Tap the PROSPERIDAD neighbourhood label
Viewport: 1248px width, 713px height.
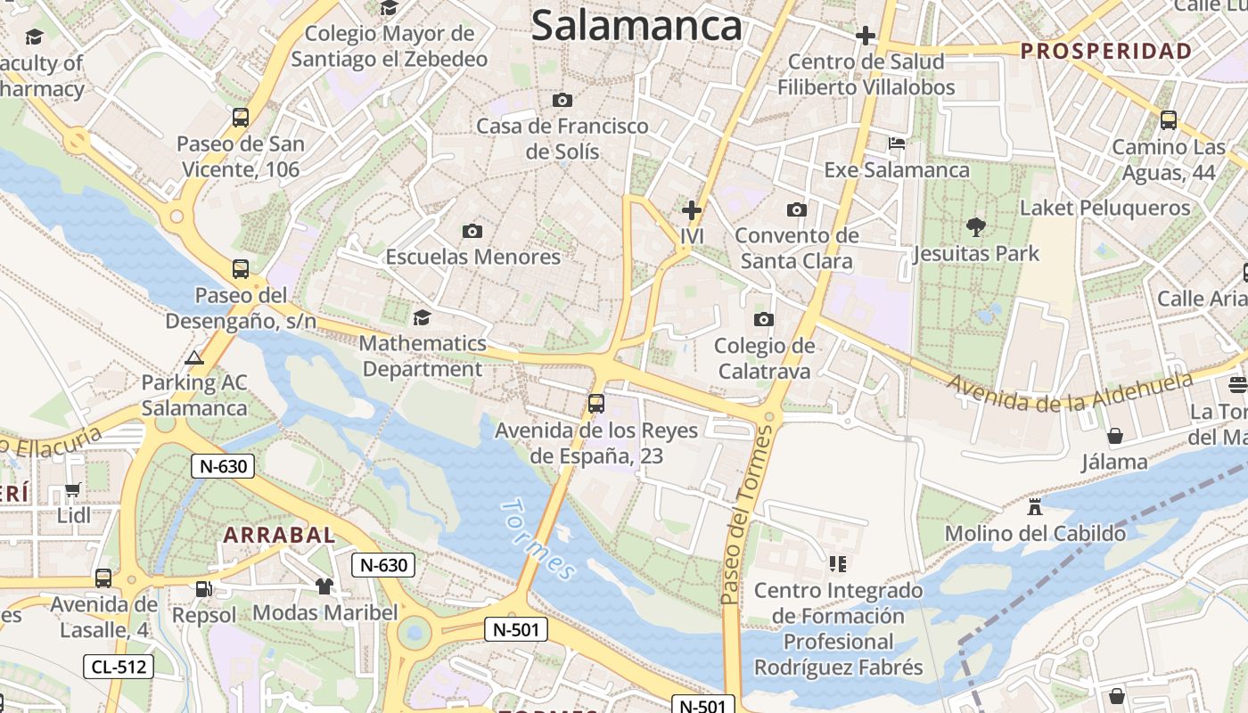[1105, 51]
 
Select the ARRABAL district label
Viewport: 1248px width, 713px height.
[279, 535]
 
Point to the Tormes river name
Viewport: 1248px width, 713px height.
[538, 538]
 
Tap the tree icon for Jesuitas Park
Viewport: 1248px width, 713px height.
[976, 226]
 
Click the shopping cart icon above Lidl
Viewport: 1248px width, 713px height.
[73, 489]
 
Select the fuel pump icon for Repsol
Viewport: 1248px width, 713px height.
[204, 588]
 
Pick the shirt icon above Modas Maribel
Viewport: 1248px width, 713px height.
[324, 586]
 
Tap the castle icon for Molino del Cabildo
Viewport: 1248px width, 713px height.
[1035, 507]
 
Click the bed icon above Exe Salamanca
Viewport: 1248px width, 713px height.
[897, 143]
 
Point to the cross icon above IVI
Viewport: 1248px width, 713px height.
[692, 210]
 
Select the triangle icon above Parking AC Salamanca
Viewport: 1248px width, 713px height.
[193, 357]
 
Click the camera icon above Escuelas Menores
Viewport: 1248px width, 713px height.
[472, 231]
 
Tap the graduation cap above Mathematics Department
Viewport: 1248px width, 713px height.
[422, 317]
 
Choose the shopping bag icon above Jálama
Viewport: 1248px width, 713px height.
[1114, 436]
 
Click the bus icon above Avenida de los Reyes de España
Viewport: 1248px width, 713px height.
[596, 403]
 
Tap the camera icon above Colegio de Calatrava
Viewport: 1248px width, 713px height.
[763, 319]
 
